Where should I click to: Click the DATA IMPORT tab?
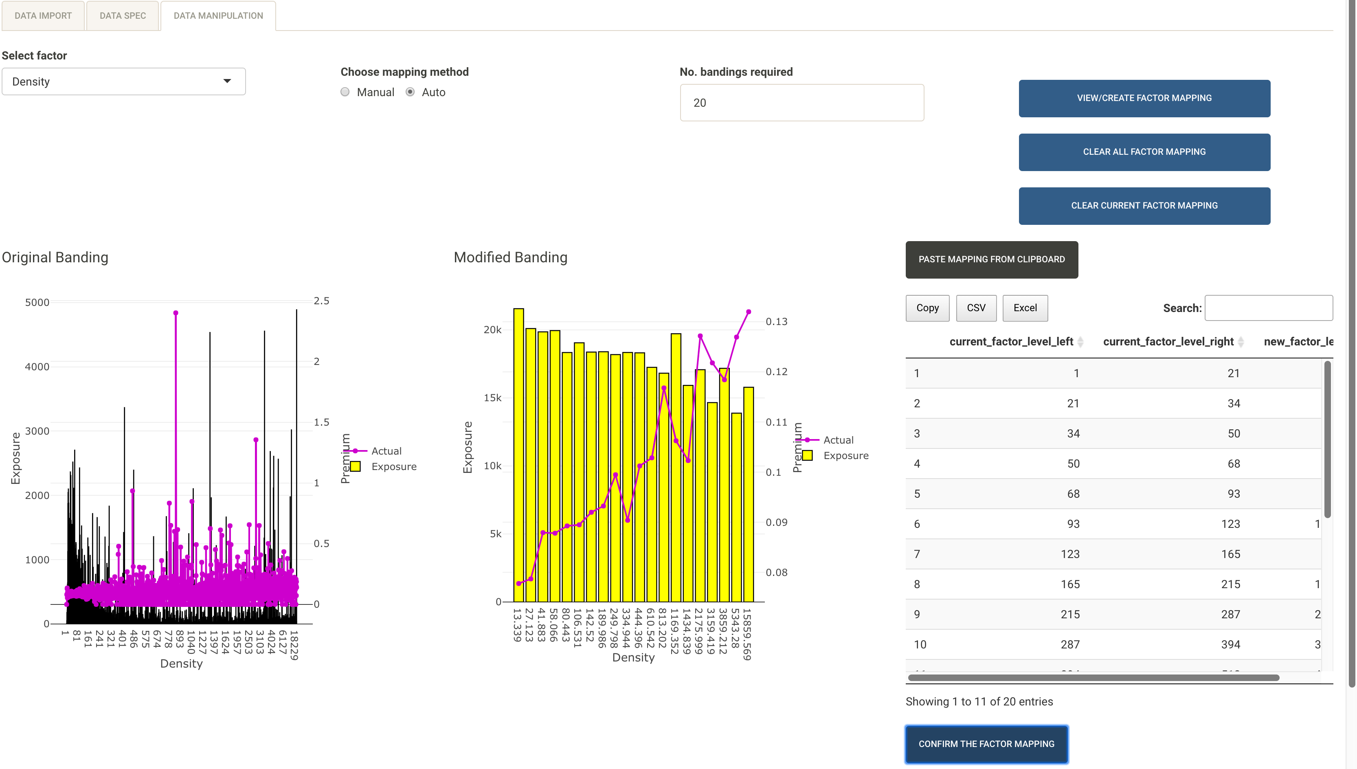point(43,16)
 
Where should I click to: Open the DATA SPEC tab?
point(123,16)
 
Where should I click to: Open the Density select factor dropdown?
point(123,81)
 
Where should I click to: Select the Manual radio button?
point(345,92)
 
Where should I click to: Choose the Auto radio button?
point(410,92)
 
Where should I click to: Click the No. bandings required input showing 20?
point(801,103)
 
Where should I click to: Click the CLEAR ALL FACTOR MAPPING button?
point(1144,152)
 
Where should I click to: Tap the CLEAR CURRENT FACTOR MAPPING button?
point(1144,205)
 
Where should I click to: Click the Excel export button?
point(1025,308)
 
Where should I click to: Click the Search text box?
point(1268,308)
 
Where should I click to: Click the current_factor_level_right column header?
point(1168,342)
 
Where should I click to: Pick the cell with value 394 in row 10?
point(1230,644)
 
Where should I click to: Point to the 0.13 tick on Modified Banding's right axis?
point(776,322)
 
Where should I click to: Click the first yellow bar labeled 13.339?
point(518,454)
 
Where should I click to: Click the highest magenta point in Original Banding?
point(176,313)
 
